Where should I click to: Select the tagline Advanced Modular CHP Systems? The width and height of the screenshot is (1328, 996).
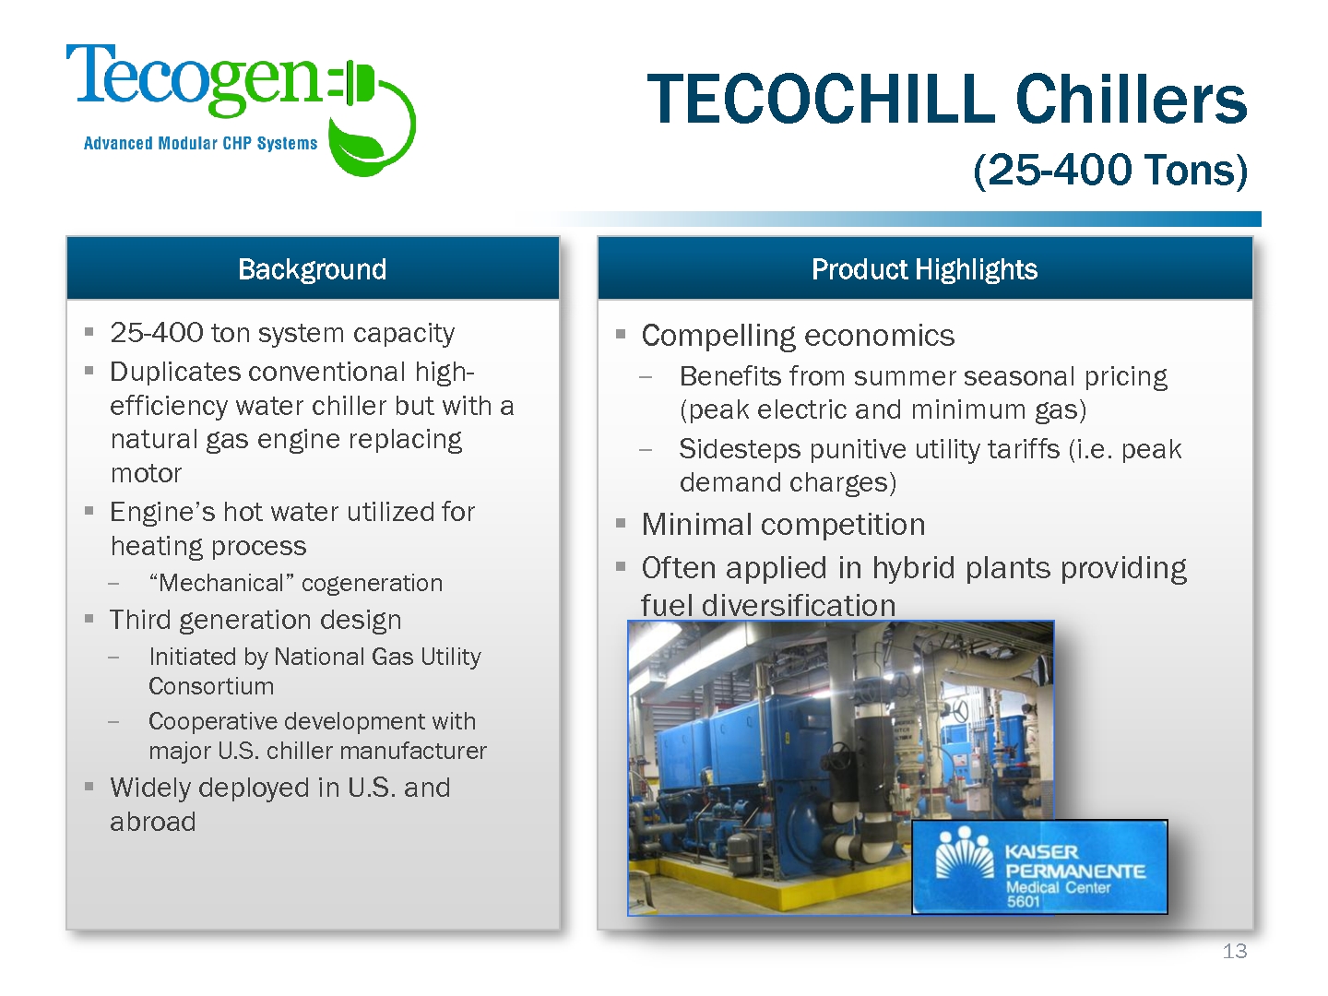pos(200,143)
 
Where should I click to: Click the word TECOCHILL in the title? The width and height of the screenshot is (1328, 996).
pos(821,99)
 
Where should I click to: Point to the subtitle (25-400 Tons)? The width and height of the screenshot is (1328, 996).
pos(1110,170)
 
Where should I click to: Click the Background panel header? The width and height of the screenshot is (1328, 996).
pos(313,269)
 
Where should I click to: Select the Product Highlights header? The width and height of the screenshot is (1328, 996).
pos(924,269)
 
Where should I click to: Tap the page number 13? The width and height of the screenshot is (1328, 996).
pos(1235,951)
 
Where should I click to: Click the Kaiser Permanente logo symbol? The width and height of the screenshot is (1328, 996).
pos(965,853)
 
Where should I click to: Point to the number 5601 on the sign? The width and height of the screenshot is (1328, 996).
pos(1023,902)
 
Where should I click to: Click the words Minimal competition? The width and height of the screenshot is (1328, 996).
pos(784,525)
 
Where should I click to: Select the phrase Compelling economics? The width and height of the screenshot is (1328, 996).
pos(798,337)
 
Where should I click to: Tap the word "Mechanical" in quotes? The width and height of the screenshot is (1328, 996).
pos(221,583)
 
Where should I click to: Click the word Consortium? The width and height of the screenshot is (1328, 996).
pos(211,686)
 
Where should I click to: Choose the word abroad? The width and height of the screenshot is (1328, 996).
pos(153,822)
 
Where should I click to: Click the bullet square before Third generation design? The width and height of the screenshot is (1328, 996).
pos(89,619)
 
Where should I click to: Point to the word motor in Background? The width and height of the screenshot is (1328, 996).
pos(146,473)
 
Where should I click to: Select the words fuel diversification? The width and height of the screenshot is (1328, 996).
pos(768,605)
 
